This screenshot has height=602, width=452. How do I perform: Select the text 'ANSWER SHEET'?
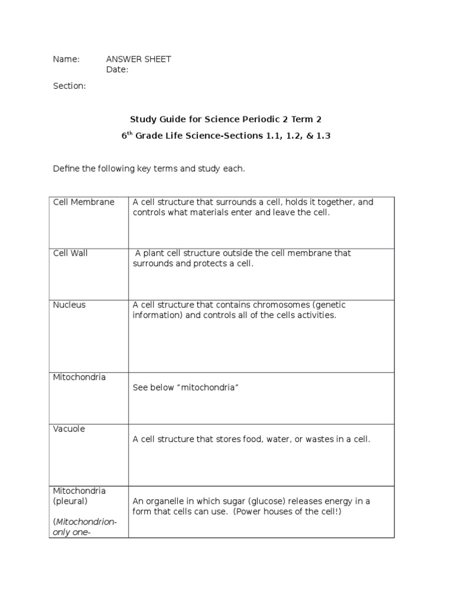[138, 59]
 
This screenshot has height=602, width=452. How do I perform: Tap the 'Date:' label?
[117, 70]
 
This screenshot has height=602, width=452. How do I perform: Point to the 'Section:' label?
[69, 86]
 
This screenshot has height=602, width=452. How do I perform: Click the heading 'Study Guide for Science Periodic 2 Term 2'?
[226, 119]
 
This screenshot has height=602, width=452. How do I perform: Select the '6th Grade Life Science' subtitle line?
[226, 136]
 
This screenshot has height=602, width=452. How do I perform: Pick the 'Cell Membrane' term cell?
[84, 202]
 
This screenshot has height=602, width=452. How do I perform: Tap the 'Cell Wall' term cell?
[70, 253]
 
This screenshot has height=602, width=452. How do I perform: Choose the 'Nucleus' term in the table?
[69, 305]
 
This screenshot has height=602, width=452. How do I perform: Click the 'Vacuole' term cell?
[69, 429]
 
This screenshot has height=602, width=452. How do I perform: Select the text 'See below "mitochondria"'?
[185, 387]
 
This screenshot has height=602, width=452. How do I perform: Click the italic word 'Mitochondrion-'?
[86, 521]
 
